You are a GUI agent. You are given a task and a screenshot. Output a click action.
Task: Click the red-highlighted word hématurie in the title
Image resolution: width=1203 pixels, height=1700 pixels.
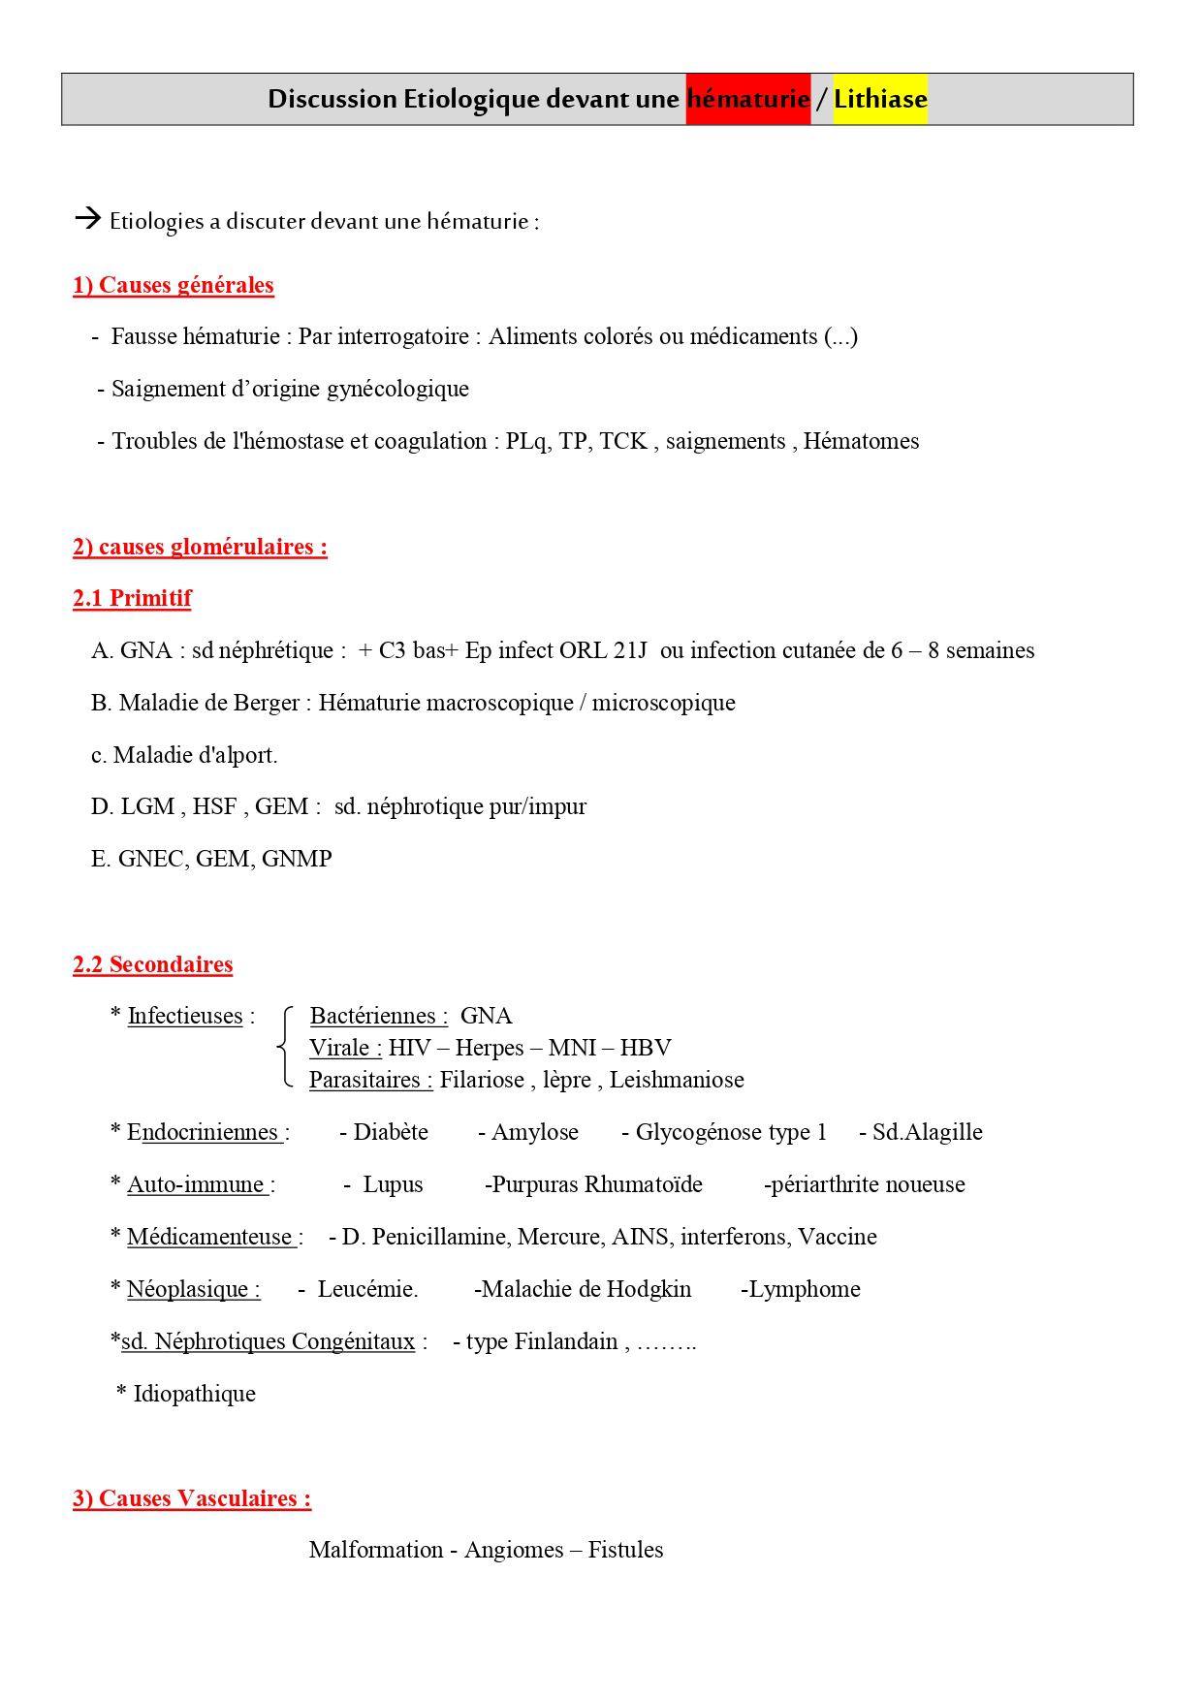click(747, 99)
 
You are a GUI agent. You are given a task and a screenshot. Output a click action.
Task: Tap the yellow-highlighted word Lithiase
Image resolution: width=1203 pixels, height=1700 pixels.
click(880, 99)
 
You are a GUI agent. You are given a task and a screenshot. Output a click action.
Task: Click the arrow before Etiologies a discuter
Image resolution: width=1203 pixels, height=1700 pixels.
click(88, 218)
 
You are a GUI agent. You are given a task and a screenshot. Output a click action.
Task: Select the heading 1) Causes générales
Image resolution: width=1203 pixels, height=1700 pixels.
click(174, 285)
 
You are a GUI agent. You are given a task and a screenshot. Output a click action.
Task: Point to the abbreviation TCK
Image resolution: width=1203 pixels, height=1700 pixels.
click(622, 442)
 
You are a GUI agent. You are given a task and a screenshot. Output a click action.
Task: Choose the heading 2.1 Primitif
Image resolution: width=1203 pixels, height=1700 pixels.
click(133, 598)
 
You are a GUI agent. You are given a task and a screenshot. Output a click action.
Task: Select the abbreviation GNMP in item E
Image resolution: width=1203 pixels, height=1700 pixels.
click(297, 860)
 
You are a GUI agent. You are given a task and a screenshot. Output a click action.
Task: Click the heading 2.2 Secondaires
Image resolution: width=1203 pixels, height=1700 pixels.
click(153, 964)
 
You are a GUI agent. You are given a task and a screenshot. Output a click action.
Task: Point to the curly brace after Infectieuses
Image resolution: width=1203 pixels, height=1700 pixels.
click(285, 1048)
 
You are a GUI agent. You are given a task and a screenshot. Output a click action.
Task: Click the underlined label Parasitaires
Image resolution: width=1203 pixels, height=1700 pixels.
click(370, 1080)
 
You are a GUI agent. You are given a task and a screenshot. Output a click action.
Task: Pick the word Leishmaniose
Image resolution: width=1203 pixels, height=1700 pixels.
click(677, 1080)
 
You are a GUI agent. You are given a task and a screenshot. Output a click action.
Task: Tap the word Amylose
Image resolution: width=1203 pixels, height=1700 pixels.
click(534, 1132)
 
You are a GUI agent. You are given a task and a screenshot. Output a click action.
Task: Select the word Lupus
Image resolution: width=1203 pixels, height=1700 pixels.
click(393, 1184)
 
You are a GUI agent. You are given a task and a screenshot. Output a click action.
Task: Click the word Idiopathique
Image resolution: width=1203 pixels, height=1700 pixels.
click(195, 1394)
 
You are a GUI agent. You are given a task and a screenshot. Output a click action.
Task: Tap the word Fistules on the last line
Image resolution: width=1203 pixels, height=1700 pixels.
click(625, 1550)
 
